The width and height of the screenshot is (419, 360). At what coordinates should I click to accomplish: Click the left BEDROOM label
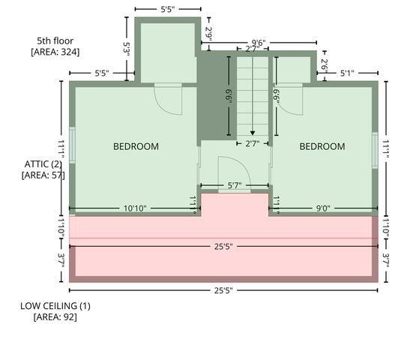click(x=136, y=146)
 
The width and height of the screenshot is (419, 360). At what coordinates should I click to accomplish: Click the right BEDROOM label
click(x=322, y=146)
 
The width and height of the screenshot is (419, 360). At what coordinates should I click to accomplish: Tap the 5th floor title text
click(x=55, y=41)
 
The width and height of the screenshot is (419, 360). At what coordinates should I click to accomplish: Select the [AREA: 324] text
click(x=55, y=52)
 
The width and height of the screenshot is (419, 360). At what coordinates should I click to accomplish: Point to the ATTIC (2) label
click(x=43, y=164)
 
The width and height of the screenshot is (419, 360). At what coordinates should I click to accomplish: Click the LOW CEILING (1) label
click(x=55, y=306)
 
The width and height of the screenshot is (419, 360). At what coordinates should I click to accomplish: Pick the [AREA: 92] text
click(x=55, y=317)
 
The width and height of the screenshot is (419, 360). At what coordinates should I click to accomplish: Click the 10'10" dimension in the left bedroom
click(x=135, y=208)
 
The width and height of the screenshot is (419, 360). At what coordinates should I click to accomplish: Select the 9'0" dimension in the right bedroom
click(x=323, y=208)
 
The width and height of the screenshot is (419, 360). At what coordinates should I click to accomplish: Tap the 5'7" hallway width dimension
click(x=235, y=185)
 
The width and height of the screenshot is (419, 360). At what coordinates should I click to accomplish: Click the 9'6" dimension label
click(x=259, y=43)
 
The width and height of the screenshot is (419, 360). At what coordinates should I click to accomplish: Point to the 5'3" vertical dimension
click(x=127, y=49)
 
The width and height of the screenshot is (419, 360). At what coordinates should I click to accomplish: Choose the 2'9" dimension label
click(x=208, y=34)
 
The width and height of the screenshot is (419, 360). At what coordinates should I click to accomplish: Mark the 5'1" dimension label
click(x=347, y=73)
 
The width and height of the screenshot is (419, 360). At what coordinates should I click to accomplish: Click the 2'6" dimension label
click(x=325, y=66)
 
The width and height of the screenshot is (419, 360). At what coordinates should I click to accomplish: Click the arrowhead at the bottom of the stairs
click(x=253, y=133)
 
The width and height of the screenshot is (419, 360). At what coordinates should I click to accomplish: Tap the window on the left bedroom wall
click(x=72, y=145)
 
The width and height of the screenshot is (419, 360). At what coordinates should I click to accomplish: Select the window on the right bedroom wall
click(x=376, y=150)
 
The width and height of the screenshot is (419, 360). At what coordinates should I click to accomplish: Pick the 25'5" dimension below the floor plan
click(x=223, y=290)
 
